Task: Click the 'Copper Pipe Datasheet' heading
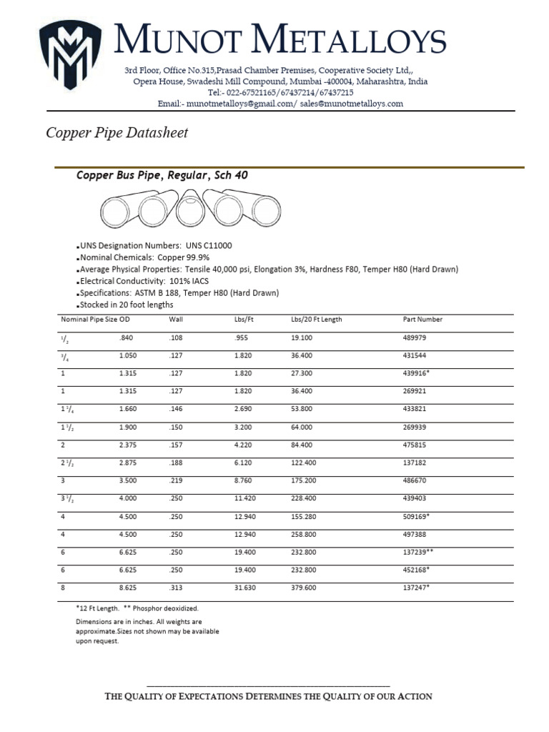pyautogui.click(x=117, y=133)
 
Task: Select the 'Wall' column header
pyautogui.click(x=177, y=320)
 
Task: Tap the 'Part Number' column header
pyautogui.click(x=422, y=320)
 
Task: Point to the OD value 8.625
pyautogui.click(x=127, y=588)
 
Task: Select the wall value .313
pyautogui.click(x=175, y=588)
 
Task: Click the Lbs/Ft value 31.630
pyautogui.click(x=244, y=588)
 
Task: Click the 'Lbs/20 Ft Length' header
pyautogui.click(x=317, y=320)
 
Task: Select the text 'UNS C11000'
pyautogui.click(x=209, y=245)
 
